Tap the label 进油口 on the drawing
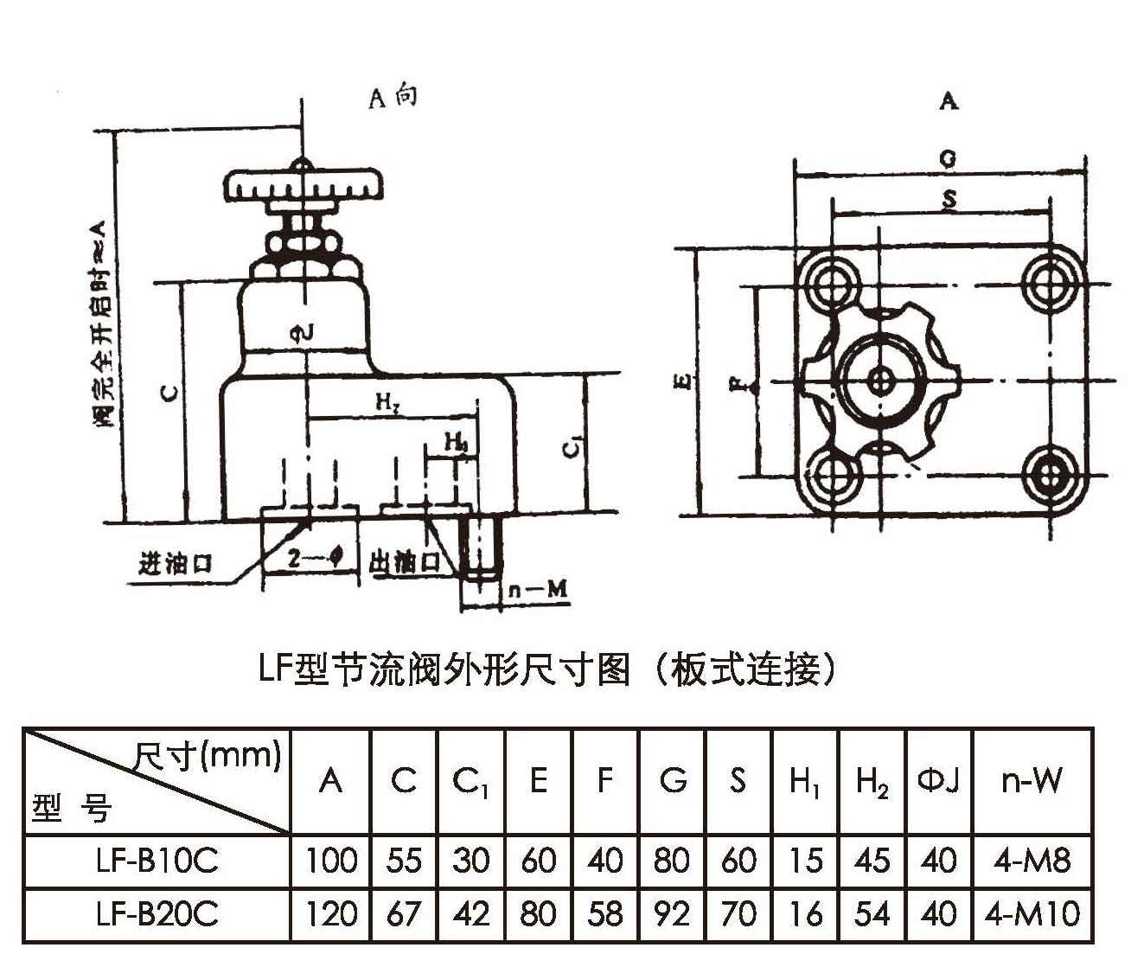click(176, 564)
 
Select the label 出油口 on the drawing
click(404, 563)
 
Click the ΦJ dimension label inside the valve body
click(304, 332)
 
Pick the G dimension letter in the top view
click(948, 159)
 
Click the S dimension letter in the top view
click(949, 200)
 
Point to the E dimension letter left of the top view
click(683, 381)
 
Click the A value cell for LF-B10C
click(331, 861)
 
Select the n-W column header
click(1032, 781)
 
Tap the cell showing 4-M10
click(1032, 914)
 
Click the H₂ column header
click(872, 781)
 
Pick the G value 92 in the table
click(672, 914)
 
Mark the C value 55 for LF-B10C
click(403, 861)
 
